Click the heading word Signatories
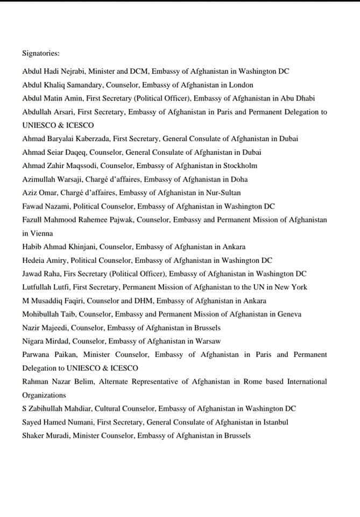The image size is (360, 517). (40, 54)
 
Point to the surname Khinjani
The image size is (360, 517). (82, 247)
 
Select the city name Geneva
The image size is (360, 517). (288, 314)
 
